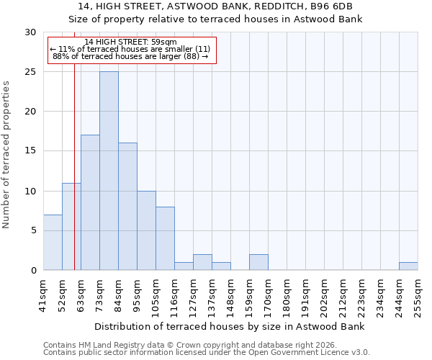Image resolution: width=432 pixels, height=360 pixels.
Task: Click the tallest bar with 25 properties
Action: tap(109, 171)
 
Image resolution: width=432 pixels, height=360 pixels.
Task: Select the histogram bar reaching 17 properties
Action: tap(90, 202)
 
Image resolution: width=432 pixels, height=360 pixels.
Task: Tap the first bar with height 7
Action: tap(53, 242)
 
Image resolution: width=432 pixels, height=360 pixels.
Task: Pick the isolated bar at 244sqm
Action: tap(408, 266)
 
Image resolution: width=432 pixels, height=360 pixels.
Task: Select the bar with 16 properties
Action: tap(127, 206)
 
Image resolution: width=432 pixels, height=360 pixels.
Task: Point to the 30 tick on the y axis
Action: tap(30, 32)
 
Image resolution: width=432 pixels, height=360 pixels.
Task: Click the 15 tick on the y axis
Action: tap(30, 151)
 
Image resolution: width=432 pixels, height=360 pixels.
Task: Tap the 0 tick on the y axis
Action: tap(33, 270)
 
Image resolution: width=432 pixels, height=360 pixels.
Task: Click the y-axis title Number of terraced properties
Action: tap(6, 155)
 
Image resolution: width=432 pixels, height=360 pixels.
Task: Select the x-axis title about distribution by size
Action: tap(230, 326)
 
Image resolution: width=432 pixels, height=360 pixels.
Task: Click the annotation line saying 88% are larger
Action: tap(130, 56)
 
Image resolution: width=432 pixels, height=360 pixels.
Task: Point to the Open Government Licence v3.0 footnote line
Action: tap(207, 353)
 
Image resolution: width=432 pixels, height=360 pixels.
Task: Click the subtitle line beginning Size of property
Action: tap(215, 19)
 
